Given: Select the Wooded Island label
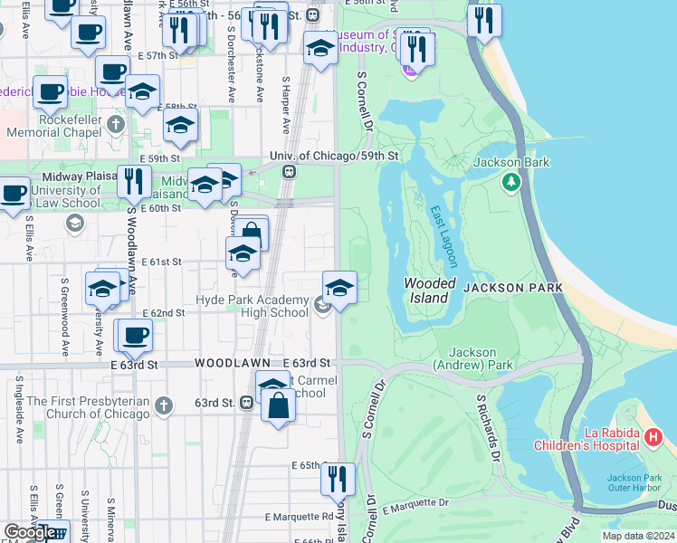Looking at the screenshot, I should (x=426, y=291).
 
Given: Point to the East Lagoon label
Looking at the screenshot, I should (x=443, y=235).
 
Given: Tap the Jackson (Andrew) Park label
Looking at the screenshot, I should (x=473, y=358).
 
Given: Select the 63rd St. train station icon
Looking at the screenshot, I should (x=246, y=403).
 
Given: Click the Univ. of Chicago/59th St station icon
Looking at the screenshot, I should (x=289, y=171).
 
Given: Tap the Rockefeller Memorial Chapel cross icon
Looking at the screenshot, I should (x=115, y=123).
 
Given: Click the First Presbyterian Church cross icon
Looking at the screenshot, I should (x=163, y=406).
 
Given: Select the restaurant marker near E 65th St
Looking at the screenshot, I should (x=338, y=478).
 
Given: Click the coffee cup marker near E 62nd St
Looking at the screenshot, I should (x=135, y=335).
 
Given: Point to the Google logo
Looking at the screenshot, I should (x=30, y=533).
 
